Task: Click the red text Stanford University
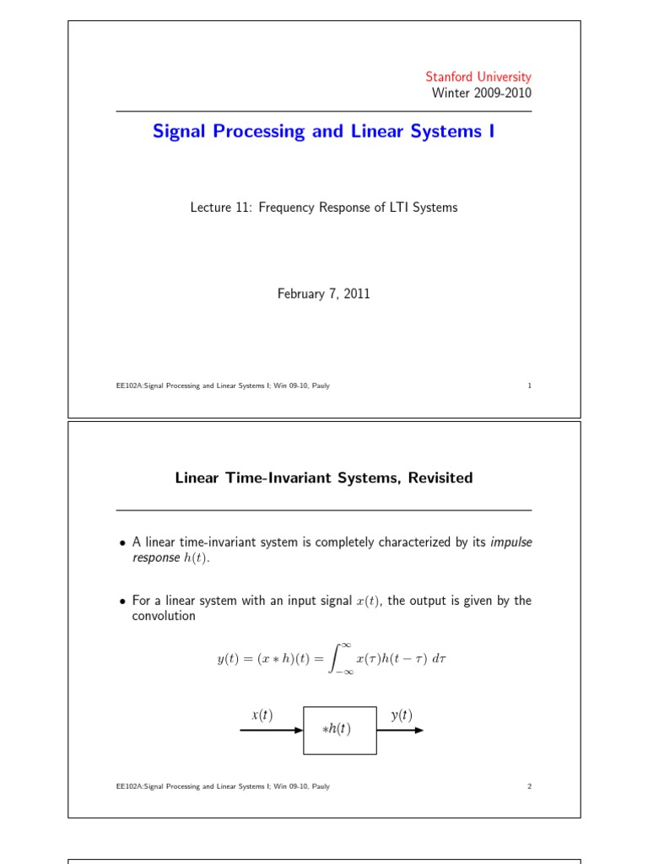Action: point(478,77)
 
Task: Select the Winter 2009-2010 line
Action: point(482,93)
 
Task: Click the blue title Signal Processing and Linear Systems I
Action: point(323,132)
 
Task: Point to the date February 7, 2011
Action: point(324,294)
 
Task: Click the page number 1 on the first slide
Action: point(529,386)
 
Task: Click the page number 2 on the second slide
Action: point(529,786)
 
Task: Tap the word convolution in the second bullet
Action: point(164,616)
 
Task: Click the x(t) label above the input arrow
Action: point(262,715)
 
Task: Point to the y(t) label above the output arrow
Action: point(402,715)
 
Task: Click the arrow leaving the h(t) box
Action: point(400,730)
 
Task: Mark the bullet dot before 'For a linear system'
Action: point(122,602)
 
